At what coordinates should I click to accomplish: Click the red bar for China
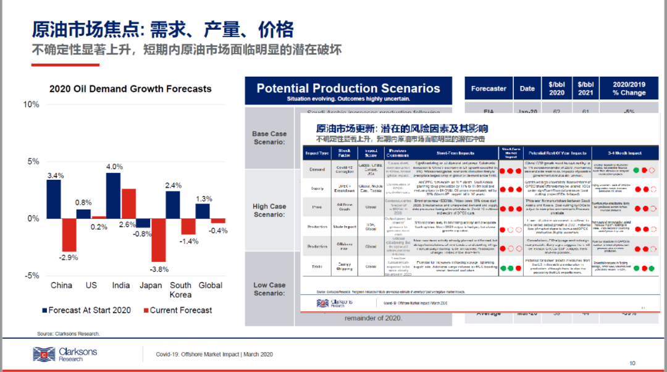[x=69, y=235]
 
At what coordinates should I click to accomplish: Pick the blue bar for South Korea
[x=173, y=205]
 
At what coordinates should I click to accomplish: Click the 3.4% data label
[x=55, y=175]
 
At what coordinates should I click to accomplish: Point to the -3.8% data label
[x=159, y=269]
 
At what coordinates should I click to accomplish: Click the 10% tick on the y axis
[x=31, y=104]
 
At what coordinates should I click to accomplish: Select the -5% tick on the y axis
[x=31, y=276]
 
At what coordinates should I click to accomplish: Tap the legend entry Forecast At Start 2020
[x=86, y=310]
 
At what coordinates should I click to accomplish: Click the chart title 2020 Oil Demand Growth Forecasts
[x=130, y=89]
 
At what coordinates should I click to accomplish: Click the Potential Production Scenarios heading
[x=348, y=88]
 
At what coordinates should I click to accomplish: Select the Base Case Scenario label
[x=269, y=138]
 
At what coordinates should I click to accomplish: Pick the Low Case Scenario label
[x=269, y=289]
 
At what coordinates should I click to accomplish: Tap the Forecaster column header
[x=488, y=88]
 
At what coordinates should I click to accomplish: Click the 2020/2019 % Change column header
[x=628, y=88]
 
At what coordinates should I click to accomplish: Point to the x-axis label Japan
[x=151, y=285]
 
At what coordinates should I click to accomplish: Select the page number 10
[x=632, y=363]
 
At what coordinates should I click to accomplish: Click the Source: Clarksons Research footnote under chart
[x=68, y=334]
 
